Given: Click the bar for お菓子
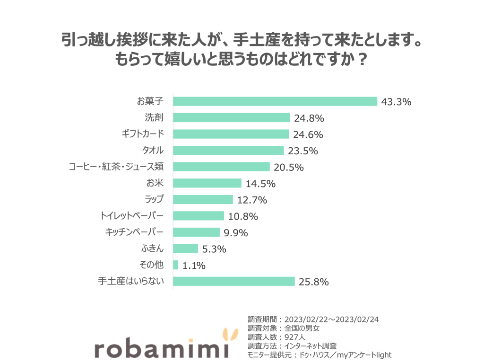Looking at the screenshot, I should point(275,101).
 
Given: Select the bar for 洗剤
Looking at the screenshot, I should point(231,118).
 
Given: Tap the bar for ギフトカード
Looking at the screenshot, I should point(231,134).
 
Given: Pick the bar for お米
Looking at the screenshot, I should point(207,183).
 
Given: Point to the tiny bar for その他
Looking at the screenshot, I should point(176,265).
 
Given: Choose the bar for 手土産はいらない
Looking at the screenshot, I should point(234,282).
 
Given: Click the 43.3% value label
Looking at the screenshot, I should point(396,102).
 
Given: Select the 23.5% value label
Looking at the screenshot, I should point(302,151).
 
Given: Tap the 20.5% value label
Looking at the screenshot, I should point(288,167).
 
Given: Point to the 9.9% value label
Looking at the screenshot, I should point(236,233).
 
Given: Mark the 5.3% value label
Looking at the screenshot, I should point(214,249).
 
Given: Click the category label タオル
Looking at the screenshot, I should point(153,151).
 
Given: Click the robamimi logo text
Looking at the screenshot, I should point(161,348).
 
